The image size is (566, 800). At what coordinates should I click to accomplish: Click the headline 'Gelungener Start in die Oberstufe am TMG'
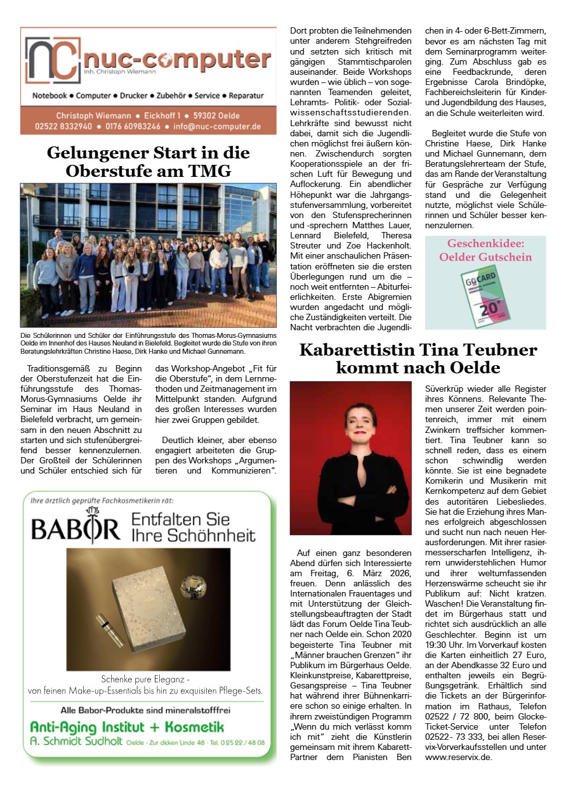148,162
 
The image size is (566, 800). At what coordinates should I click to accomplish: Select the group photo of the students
148,255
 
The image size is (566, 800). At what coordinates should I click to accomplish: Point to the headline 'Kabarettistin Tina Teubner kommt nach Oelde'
418,358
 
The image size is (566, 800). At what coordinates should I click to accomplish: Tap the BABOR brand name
76,528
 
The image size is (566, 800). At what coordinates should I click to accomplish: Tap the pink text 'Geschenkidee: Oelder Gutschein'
485,250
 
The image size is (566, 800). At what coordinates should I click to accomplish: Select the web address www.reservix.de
458,757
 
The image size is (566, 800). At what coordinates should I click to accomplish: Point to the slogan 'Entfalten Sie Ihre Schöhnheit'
193,528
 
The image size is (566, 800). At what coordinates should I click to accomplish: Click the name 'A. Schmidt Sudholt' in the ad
76,742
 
